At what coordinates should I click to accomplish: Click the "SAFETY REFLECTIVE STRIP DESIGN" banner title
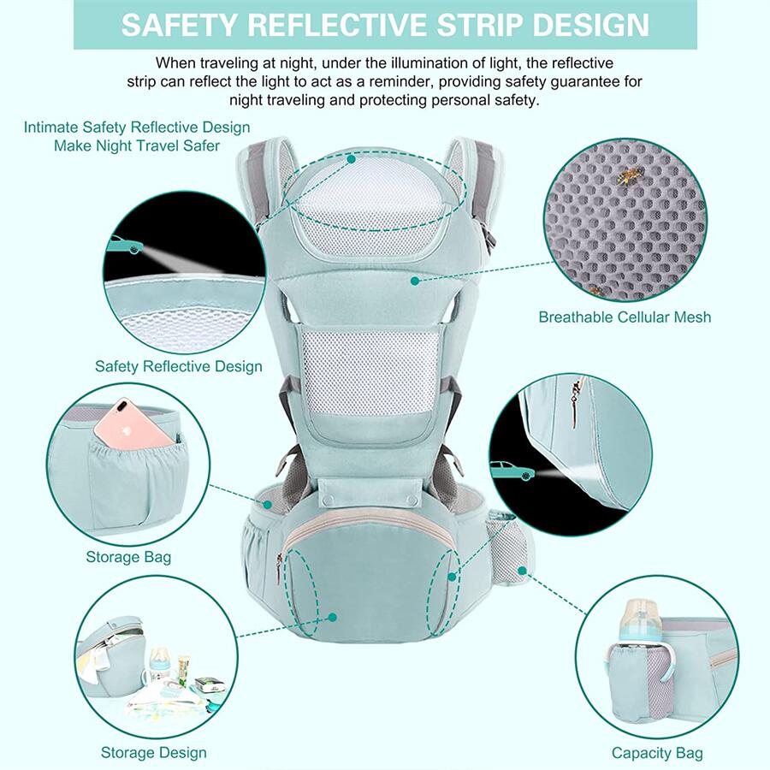click(x=385, y=25)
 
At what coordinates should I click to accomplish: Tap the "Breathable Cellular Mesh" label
click(x=625, y=317)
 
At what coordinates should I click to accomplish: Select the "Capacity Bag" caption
click(x=657, y=753)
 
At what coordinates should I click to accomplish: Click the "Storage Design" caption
click(x=154, y=752)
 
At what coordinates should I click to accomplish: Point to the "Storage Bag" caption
click(x=128, y=557)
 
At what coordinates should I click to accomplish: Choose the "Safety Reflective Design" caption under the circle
click(x=179, y=366)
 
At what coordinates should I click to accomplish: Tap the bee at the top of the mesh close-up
click(x=630, y=175)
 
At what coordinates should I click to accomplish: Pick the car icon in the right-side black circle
click(x=512, y=470)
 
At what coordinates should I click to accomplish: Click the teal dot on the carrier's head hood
click(x=351, y=159)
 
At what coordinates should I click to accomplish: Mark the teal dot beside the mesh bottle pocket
click(x=522, y=571)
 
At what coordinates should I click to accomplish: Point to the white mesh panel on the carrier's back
click(x=370, y=373)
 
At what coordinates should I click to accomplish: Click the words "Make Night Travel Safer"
click(x=137, y=145)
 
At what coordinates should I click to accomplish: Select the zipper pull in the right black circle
click(x=575, y=401)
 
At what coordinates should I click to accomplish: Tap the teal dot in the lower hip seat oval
click(x=333, y=617)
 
